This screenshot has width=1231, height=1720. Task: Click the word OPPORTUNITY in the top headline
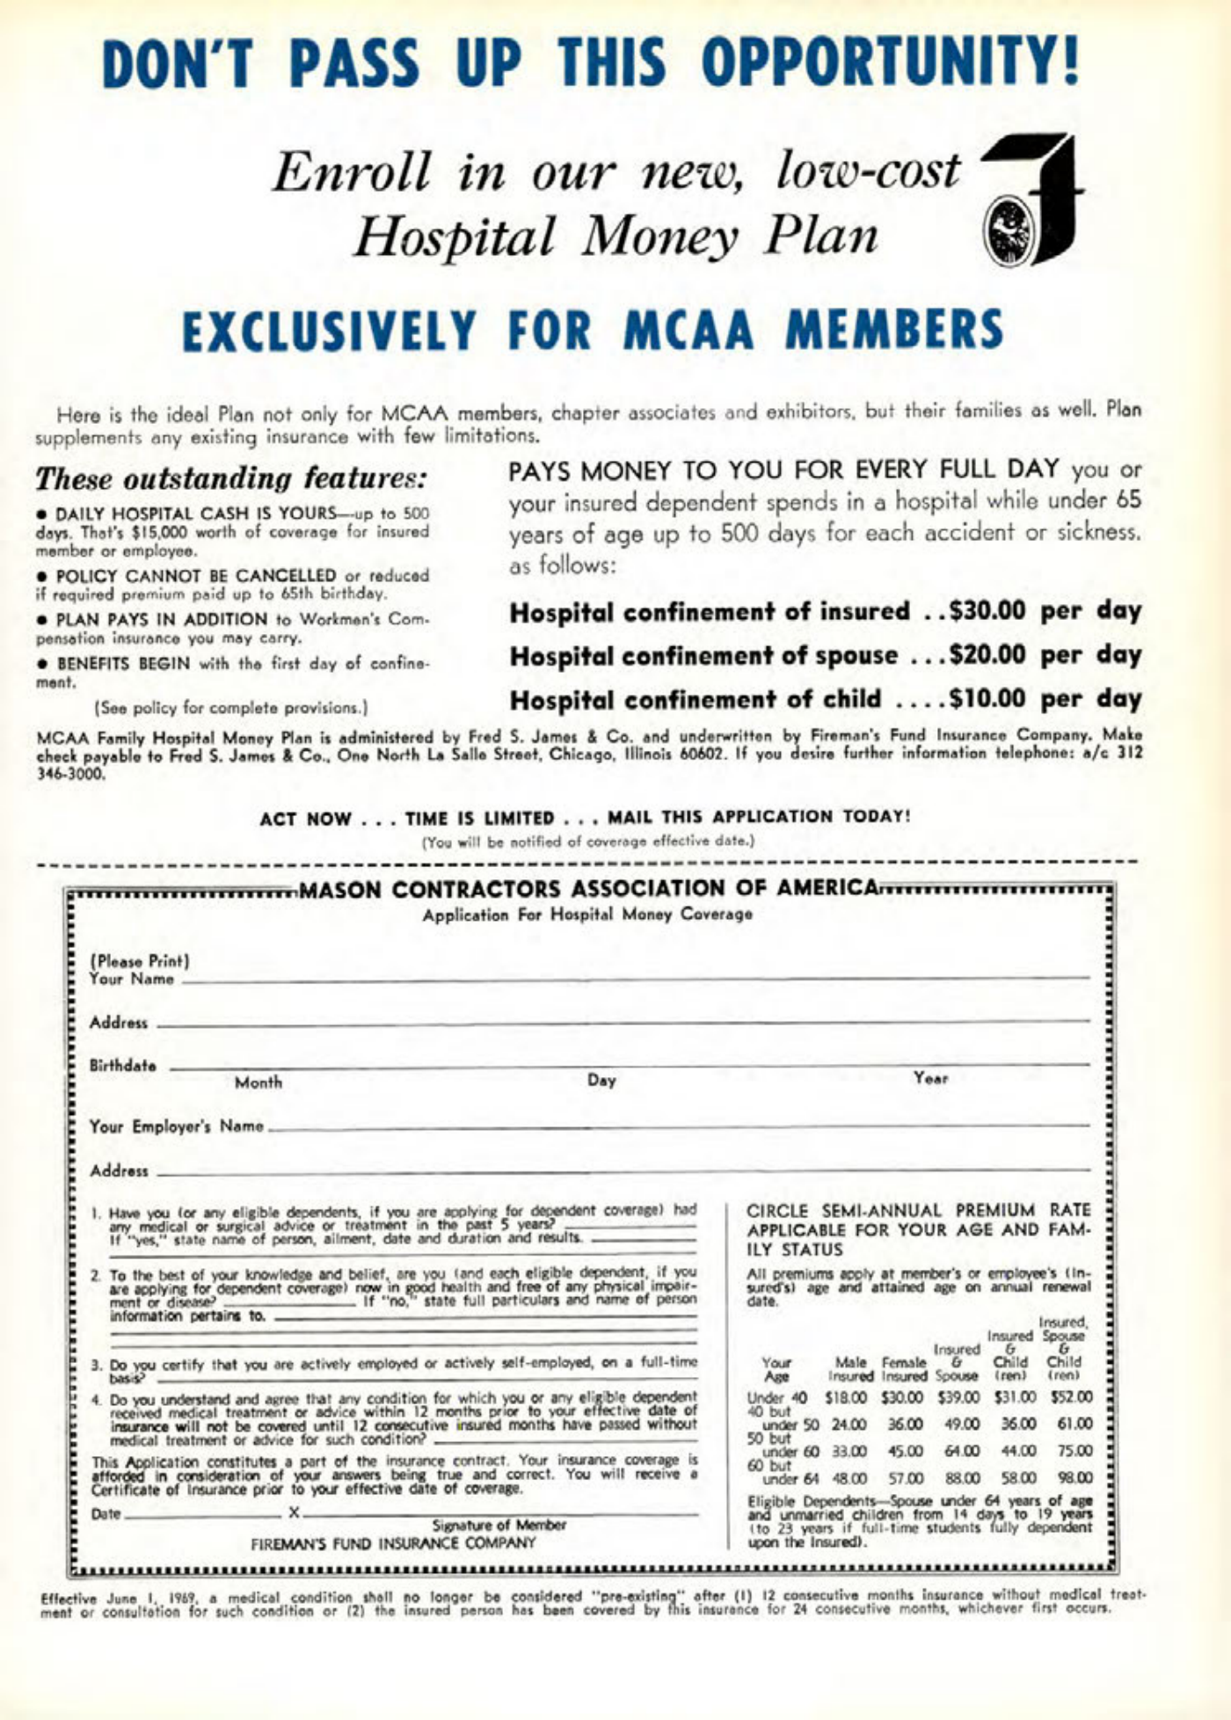click(x=889, y=62)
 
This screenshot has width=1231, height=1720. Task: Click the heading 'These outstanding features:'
click(x=231, y=479)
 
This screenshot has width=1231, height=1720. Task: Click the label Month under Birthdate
click(x=259, y=1082)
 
